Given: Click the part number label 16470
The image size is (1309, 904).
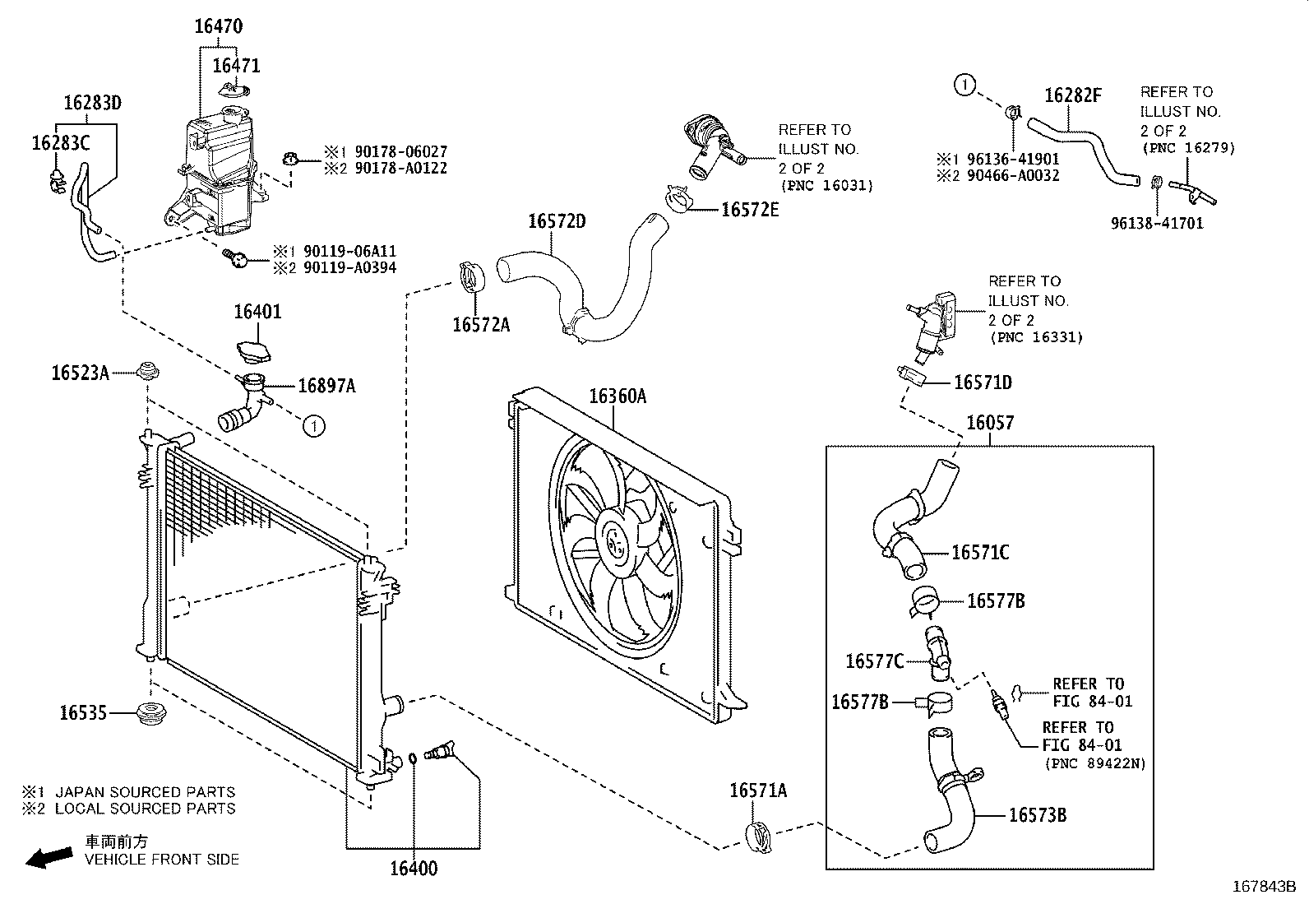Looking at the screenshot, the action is [219, 26].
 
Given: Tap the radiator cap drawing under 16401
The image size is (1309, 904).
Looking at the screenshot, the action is [254, 352].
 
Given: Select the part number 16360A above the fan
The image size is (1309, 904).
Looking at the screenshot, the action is [617, 396].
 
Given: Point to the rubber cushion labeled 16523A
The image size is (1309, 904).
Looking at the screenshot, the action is [147, 371].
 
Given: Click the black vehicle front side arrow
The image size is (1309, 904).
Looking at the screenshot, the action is [49, 858].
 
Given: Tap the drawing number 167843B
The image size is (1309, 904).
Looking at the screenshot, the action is [1264, 887].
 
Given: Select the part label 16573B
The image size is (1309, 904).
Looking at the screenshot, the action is [1038, 815].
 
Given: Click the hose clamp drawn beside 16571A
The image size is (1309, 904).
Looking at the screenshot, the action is [759, 838].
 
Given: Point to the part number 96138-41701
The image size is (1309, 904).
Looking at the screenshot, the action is [1157, 224].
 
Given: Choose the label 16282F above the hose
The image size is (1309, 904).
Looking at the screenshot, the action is [1072, 95].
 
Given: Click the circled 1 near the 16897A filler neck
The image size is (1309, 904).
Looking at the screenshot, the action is [314, 426].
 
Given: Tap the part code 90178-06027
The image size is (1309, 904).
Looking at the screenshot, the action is [401, 152].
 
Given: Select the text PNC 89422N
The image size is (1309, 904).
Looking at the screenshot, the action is [1095, 763].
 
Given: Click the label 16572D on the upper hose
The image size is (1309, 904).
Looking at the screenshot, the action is [557, 221].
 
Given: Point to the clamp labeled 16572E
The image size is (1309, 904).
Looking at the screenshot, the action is [678, 199].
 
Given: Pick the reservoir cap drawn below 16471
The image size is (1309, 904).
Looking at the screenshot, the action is [234, 90].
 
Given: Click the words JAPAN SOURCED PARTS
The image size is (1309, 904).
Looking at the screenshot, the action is [145, 792].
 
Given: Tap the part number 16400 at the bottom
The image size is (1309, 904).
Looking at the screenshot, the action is [413, 869].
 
